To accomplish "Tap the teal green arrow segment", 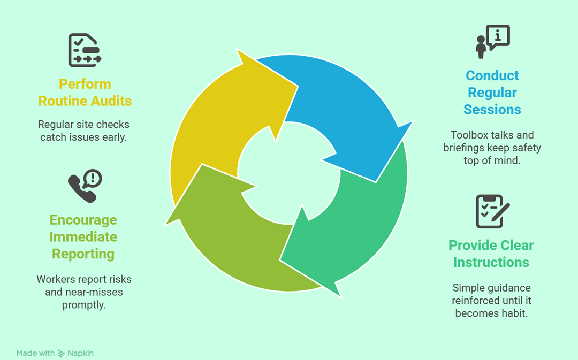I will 353,230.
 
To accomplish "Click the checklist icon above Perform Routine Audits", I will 85,50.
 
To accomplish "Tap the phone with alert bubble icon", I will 85,186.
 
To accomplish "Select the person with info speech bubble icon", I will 492,41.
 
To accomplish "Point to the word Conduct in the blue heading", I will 492,75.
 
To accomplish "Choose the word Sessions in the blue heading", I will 492,110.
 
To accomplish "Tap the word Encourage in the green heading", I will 83,220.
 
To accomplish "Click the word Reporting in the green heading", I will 83,254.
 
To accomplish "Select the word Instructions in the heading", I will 491,262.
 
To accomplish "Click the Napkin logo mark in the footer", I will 62,353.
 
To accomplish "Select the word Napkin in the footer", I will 80,353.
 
